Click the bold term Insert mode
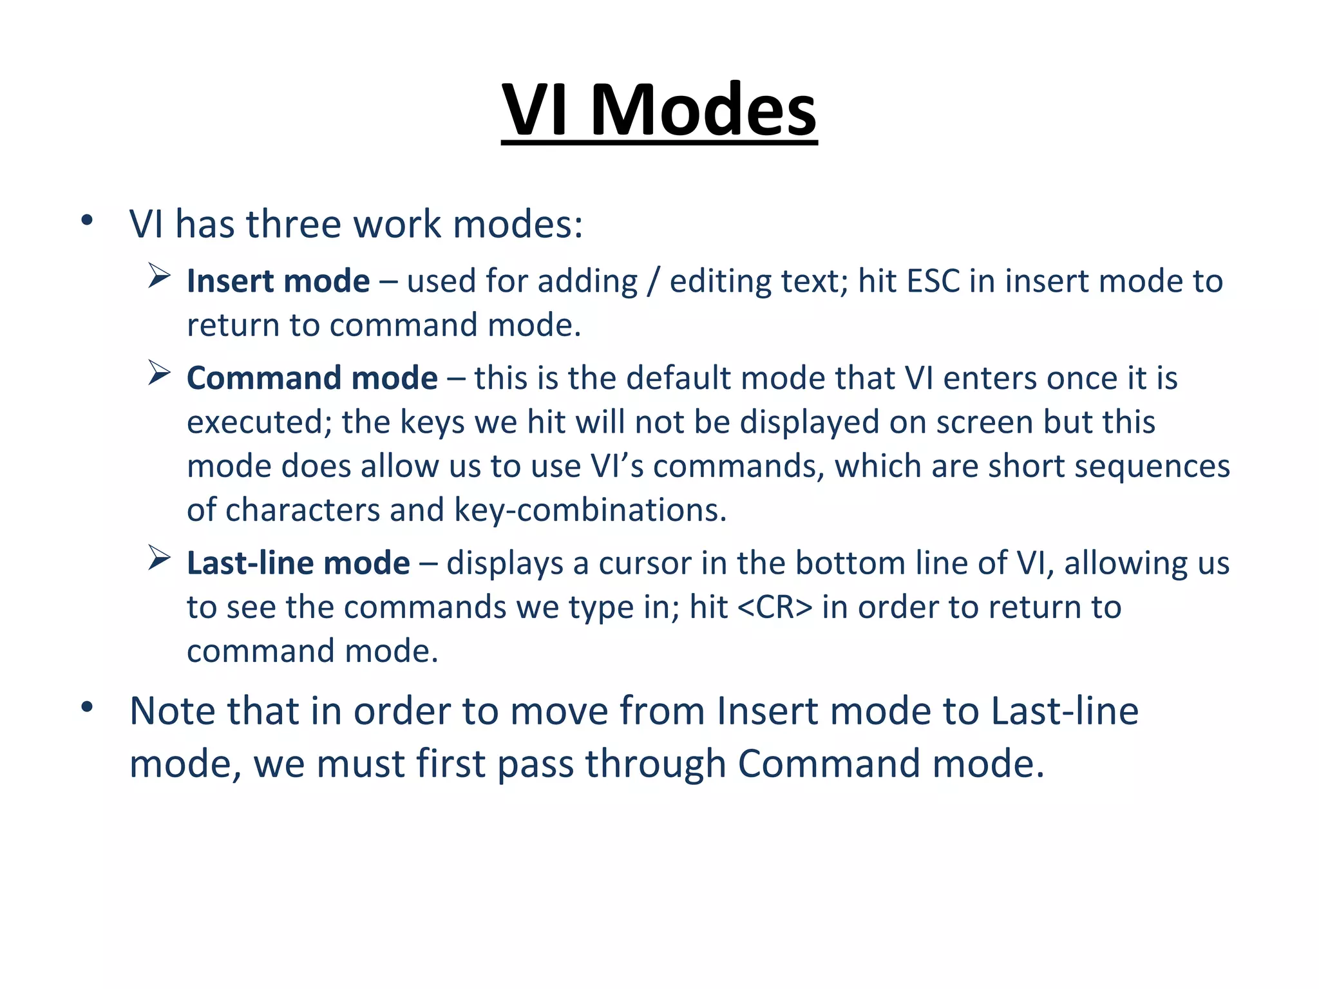278,281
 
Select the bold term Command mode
312,378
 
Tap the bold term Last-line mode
298,563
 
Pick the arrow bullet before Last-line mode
158,558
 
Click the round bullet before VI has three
87,221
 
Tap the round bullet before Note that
87,708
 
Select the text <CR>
774,607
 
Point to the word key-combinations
590,510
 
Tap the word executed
259,422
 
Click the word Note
172,711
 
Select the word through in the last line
656,764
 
